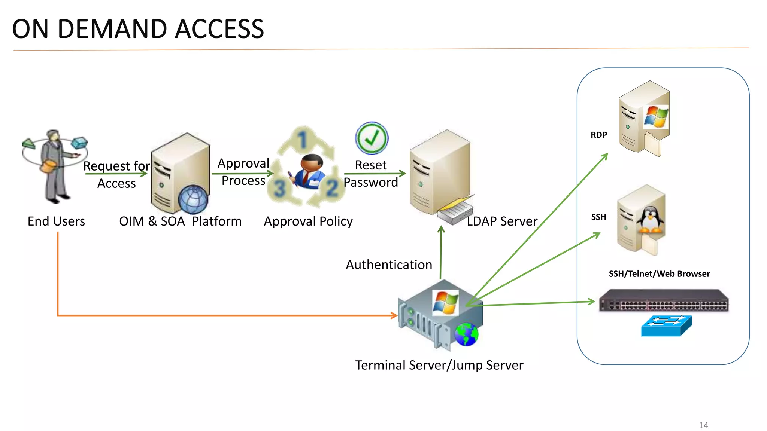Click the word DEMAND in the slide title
112,29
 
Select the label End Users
56,221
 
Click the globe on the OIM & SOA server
193,199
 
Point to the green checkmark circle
372,138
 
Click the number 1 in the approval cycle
303,139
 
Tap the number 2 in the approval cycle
332,188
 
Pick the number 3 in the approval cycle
280,188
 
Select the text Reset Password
371,174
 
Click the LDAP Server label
502,221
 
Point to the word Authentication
389,265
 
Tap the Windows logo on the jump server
445,302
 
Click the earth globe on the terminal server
466,334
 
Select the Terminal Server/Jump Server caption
439,365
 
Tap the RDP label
598,135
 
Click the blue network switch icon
666,325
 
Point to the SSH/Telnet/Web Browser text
659,274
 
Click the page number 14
703,425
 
